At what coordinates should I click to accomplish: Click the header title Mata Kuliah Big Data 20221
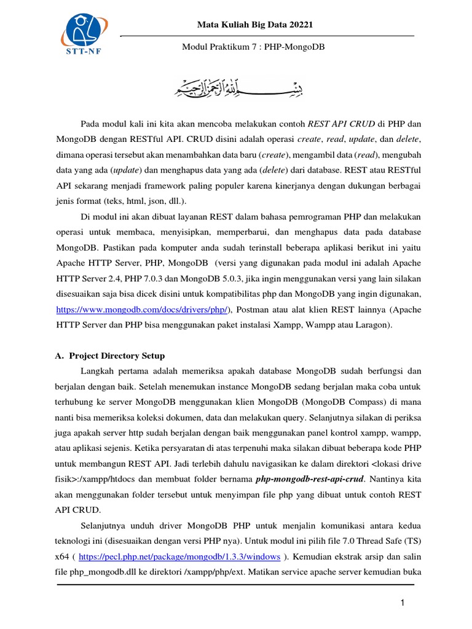[x=255, y=25]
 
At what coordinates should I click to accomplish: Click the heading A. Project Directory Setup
[x=117, y=356]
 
